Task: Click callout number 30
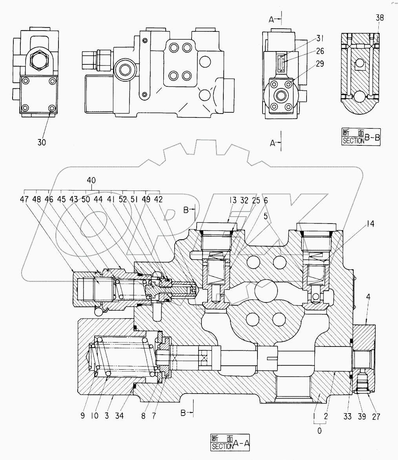pyautogui.click(x=42, y=142)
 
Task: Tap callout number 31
pyautogui.click(x=320, y=38)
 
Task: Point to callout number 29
pyautogui.click(x=320, y=64)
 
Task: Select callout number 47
pyautogui.click(x=24, y=199)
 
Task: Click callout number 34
pyautogui.click(x=120, y=416)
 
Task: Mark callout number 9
pyautogui.click(x=82, y=416)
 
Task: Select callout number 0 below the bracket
pyautogui.click(x=319, y=431)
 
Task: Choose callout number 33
pyautogui.click(x=347, y=417)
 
